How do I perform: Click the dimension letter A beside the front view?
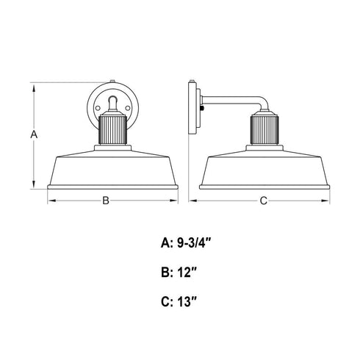pos(34,134)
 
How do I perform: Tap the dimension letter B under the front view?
pos(106,201)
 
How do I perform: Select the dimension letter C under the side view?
pos(263,201)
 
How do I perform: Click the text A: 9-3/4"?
pos(186,243)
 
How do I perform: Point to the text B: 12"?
pos(179,272)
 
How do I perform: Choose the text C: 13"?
pos(179,301)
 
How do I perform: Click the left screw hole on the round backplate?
pos(98,108)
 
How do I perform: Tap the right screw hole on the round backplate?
pos(128,108)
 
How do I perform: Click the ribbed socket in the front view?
pos(112,130)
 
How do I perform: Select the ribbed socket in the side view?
pos(264,130)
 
